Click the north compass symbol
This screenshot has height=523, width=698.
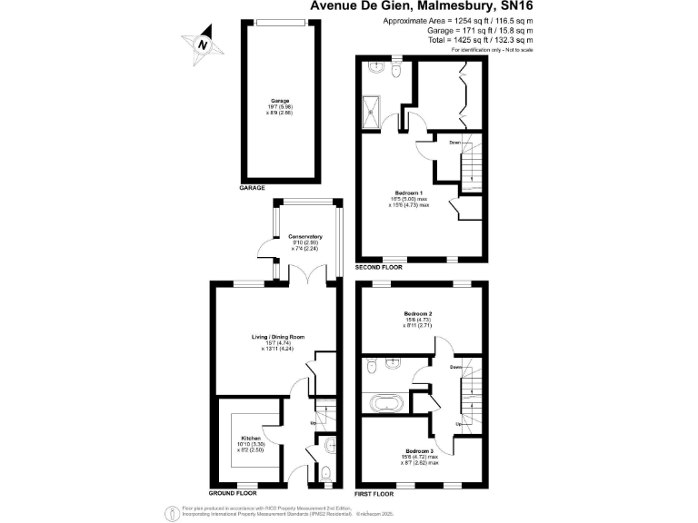[204, 44]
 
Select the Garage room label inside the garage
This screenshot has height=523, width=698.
[279, 100]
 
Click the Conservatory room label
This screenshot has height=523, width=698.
[305, 237]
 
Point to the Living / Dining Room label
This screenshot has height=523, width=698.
[278, 337]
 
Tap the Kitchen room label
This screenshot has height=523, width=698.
[251, 437]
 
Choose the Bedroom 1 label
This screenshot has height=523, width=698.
[411, 193]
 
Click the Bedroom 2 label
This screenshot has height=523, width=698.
[418, 314]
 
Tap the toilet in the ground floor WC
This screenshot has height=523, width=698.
[326, 471]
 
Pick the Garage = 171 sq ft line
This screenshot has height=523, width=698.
[479, 30]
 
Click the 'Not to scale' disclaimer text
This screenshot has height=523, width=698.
[514, 49]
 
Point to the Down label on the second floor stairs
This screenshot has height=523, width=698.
[454, 143]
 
